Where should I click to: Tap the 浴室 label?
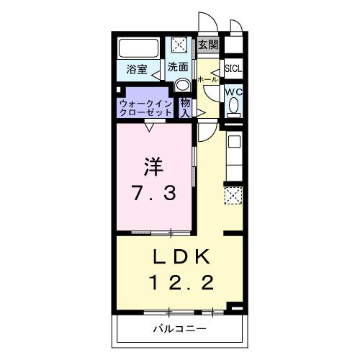(x=137, y=70)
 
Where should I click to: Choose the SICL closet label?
(x=233, y=69)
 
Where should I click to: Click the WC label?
(x=233, y=92)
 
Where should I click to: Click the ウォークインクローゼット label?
(x=146, y=109)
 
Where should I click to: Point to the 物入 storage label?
(x=186, y=108)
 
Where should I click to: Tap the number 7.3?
(x=153, y=194)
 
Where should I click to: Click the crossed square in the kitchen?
(x=233, y=194)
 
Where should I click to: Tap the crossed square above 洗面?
(x=179, y=45)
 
